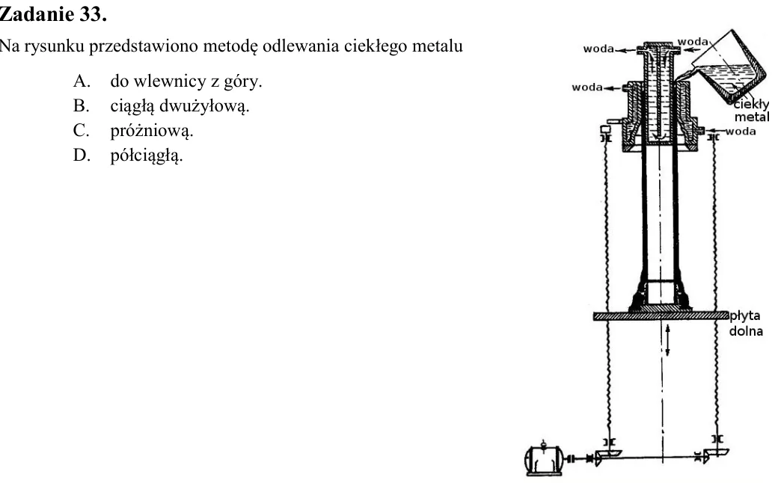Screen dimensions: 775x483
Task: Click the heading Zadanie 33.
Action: click(x=53, y=14)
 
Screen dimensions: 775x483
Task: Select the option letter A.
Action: click(x=82, y=81)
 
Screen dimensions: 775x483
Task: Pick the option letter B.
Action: click(x=81, y=105)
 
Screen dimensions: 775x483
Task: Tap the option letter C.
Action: click(x=81, y=130)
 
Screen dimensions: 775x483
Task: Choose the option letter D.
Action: click(x=82, y=155)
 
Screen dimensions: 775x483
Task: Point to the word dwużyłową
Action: click(x=205, y=105)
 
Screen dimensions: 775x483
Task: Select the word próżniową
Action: click(x=152, y=131)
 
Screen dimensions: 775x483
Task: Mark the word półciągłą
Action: click(x=147, y=156)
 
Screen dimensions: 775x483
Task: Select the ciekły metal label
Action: click(x=751, y=111)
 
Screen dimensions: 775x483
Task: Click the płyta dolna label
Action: click(x=746, y=323)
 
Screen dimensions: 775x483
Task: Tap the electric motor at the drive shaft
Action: click(x=543, y=458)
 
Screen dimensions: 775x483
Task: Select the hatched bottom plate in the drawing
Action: click(x=661, y=316)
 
